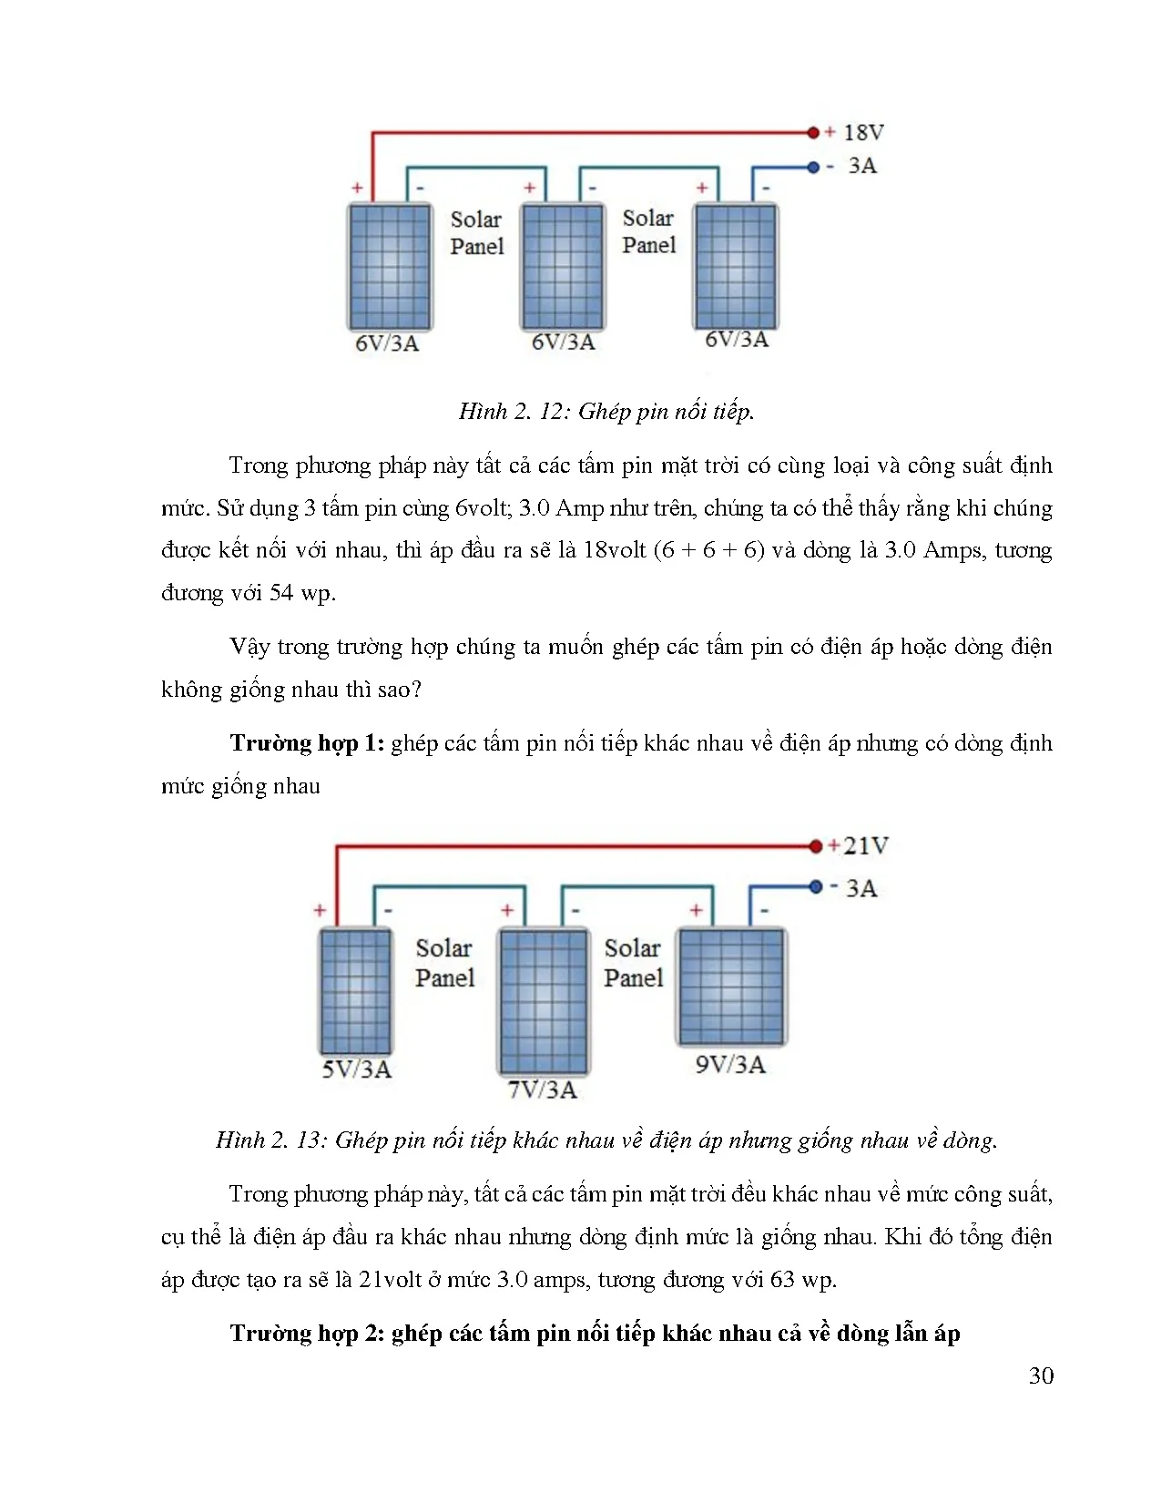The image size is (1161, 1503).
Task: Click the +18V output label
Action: click(855, 133)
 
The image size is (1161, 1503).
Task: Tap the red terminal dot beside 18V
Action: click(813, 133)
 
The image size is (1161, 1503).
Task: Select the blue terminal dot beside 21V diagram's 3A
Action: click(816, 887)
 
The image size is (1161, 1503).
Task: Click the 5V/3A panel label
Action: click(356, 1069)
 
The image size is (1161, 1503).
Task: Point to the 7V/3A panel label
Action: click(543, 1090)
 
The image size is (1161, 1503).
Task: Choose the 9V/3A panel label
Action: click(730, 1065)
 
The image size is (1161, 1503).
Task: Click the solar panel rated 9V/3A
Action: click(731, 987)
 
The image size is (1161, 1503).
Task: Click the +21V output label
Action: click(858, 846)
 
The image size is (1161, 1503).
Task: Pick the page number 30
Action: click(1041, 1375)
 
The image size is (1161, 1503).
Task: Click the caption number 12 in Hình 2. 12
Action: click(552, 412)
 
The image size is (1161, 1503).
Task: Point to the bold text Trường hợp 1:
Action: click(307, 743)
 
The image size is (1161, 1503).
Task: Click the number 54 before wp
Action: click(281, 593)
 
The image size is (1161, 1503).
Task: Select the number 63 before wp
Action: click(782, 1280)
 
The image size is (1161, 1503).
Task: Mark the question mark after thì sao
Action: click(416, 690)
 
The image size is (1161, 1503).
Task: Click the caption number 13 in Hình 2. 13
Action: click(309, 1140)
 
